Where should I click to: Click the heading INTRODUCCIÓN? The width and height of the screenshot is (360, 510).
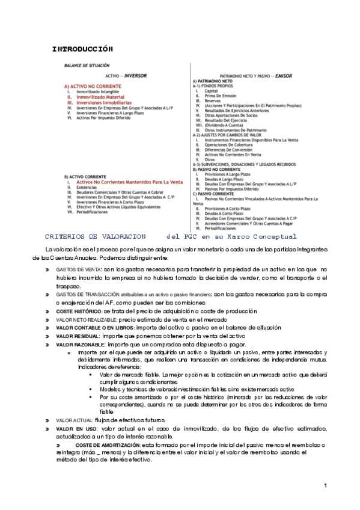point(83,48)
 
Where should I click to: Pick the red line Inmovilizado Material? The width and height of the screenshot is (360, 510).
point(100,96)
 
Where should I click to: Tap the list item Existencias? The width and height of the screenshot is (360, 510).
point(88,171)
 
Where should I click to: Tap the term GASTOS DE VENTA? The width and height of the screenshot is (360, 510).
point(75,270)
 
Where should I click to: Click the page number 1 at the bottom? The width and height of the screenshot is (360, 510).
point(325,485)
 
